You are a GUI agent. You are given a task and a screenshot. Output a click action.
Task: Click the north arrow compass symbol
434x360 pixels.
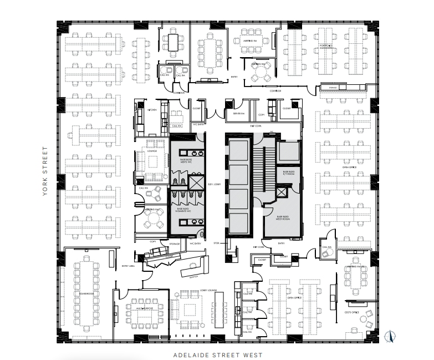click(389, 335)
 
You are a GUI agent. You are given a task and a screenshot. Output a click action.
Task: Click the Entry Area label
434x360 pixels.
click(129, 266)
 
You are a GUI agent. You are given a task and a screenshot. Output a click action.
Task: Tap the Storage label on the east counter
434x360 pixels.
click(333, 87)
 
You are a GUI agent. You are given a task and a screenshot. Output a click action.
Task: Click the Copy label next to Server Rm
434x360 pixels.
click(261, 115)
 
